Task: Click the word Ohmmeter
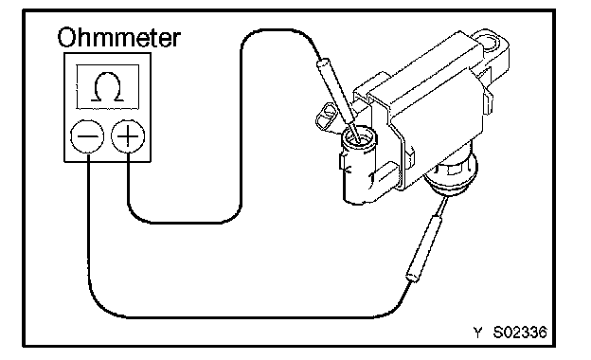coord(119,37)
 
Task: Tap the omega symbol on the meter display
coord(107,87)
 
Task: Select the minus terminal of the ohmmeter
coord(87,136)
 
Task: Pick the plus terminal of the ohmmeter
coord(128,136)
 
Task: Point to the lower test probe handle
coord(424,248)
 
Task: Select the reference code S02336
coord(520,333)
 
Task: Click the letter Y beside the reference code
coord(477,333)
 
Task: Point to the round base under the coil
coord(450,177)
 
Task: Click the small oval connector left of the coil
coord(326,117)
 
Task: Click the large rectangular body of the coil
coord(430,105)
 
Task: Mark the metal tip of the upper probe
coord(354,135)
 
